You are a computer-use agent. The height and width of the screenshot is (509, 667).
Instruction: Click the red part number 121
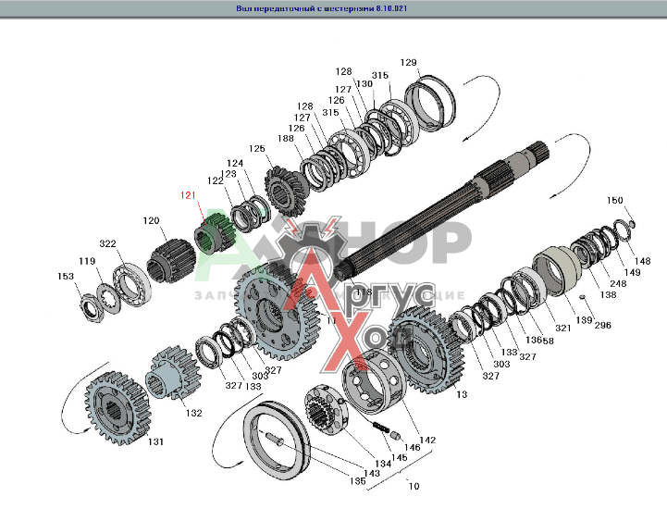click(x=188, y=196)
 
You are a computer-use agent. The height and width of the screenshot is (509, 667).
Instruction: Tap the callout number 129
click(x=408, y=63)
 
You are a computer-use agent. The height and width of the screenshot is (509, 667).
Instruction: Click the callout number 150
click(x=614, y=201)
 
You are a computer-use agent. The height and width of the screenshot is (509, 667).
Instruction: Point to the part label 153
click(x=66, y=277)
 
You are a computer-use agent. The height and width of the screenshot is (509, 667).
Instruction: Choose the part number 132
click(x=193, y=413)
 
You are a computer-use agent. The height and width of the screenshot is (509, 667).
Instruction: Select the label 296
click(x=602, y=326)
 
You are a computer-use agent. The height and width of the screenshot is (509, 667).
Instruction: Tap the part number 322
click(x=108, y=243)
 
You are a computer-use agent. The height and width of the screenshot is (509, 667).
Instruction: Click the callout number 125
click(x=256, y=148)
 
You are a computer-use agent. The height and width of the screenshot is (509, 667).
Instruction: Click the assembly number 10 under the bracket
click(x=413, y=486)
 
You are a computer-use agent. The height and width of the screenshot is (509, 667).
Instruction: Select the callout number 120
click(x=151, y=221)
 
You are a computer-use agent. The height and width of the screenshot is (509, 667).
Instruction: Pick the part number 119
click(x=86, y=261)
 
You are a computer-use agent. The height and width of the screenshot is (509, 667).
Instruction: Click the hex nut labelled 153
click(x=93, y=302)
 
